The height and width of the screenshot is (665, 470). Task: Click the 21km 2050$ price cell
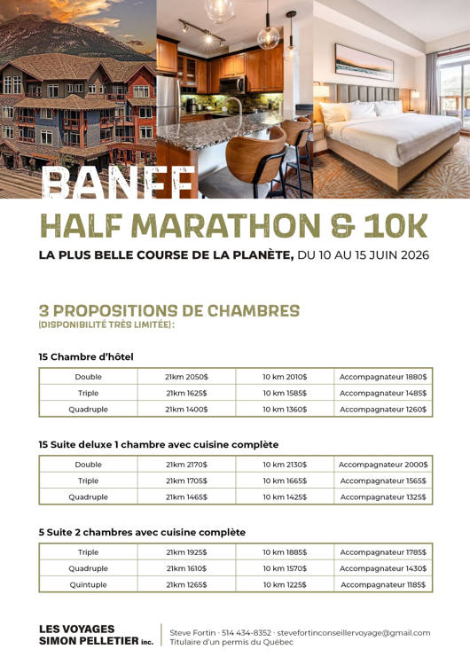186,376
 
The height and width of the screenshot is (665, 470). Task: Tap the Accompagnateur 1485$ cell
383,393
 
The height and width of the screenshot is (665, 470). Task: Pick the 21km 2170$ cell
186,464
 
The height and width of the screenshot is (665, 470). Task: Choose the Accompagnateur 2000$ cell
383,464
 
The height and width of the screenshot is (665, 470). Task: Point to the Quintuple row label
88,584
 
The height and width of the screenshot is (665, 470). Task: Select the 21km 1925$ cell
186,552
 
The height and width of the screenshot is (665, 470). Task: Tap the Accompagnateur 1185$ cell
383,584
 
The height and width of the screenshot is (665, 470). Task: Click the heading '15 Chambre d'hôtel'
85,356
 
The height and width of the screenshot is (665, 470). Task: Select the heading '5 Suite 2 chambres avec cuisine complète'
142,532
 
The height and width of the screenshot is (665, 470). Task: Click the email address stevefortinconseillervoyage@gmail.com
354,632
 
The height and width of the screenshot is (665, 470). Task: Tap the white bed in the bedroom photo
390,133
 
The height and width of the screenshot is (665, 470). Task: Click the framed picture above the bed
364,61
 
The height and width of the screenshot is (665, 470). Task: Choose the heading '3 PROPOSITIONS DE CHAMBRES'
168,310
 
